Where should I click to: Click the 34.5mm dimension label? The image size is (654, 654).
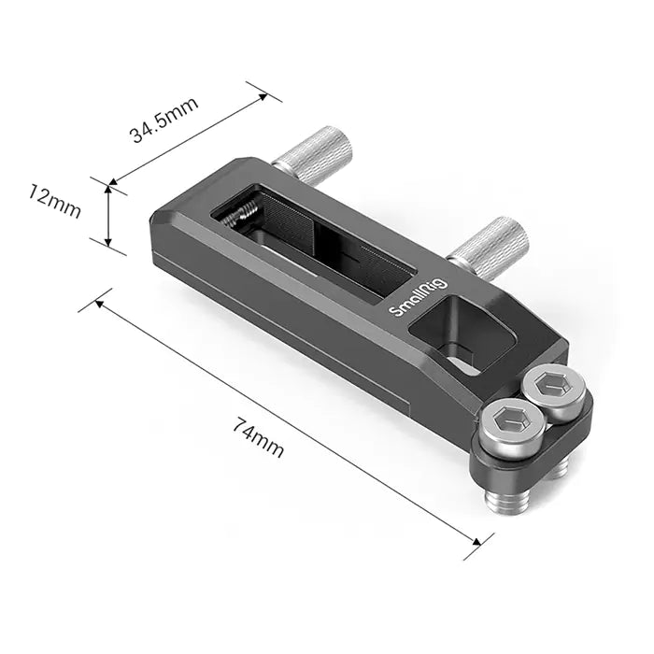tap(163, 120)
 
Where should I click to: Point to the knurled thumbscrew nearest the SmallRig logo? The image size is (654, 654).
tap(489, 246)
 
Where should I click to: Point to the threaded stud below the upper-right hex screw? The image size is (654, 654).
tap(558, 468)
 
